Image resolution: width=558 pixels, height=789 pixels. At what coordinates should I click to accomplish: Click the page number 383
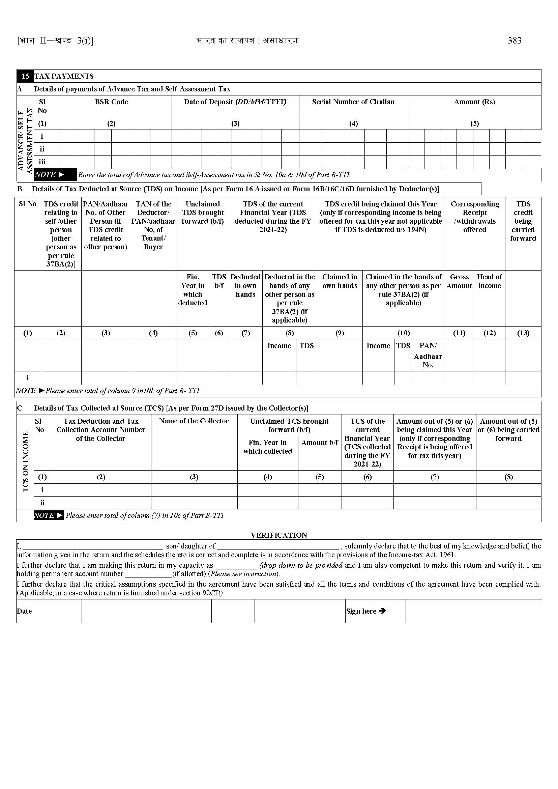click(x=515, y=40)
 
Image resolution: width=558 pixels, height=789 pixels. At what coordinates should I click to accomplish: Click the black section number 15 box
click(x=25, y=76)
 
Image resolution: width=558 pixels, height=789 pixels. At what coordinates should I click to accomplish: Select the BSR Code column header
click(x=111, y=102)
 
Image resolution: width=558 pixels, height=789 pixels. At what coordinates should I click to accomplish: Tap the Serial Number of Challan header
click(x=353, y=102)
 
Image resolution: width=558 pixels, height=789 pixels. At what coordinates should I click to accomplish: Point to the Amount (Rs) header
click(x=474, y=102)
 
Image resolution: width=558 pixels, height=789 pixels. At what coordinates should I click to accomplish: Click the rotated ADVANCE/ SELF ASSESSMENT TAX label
click(x=25, y=141)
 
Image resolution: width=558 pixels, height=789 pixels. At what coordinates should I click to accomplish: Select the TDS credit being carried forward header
click(x=523, y=221)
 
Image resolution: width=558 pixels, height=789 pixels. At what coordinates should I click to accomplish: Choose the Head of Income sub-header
click(x=489, y=281)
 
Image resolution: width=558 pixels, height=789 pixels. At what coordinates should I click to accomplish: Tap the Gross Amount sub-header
click(x=459, y=281)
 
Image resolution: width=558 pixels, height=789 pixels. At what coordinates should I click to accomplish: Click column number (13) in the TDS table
click(x=523, y=333)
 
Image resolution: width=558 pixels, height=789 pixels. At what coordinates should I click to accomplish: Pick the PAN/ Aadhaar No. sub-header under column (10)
click(x=428, y=355)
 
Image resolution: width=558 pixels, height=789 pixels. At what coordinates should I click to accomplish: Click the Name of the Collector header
click(x=194, y=421)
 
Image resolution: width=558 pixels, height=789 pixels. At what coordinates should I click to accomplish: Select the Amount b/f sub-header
click(x=320, y=443)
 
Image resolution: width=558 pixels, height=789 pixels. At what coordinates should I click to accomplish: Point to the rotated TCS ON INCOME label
click(x=25, y=461)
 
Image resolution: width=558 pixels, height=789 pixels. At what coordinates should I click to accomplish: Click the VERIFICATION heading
click(x=278, y=535)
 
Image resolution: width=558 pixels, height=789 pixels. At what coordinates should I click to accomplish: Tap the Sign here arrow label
click(x=366, y=611)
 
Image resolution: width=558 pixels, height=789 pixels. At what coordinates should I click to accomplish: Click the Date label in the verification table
click(x=24, y=611)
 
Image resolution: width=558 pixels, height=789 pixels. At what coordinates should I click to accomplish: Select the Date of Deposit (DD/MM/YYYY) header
click(x=235, y=102)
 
